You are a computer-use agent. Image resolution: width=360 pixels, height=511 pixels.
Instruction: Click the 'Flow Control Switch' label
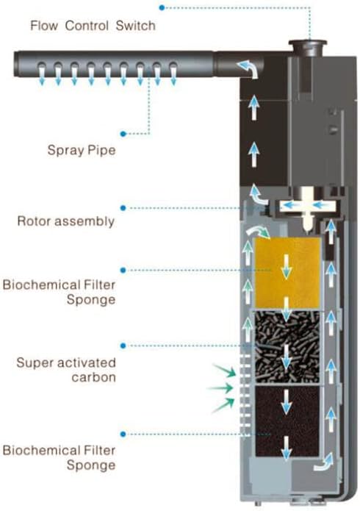click(93, 26)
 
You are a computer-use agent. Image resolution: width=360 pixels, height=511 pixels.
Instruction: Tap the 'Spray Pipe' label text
click(82, 150)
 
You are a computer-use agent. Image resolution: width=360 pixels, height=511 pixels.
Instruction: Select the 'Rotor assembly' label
click(66, 221)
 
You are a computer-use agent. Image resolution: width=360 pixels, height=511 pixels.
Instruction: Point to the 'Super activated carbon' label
click(66, 370)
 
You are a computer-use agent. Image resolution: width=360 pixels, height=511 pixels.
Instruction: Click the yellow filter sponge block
click(287, 273)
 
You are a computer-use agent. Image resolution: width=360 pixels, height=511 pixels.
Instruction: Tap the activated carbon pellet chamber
click(287, 346)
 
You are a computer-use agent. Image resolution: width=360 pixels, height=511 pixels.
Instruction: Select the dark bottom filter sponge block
click(287, 421)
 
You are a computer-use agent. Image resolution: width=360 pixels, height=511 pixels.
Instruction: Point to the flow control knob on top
click(308, 49)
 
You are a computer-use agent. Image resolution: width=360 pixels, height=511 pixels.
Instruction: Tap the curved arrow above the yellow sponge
click(258, 232)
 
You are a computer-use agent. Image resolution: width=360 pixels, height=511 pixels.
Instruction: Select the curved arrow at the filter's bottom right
click(324, 462)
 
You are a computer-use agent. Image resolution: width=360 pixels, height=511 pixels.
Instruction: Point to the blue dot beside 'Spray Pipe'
click(123, 134)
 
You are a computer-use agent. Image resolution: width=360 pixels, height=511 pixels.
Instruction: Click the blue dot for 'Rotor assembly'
click(123, 208)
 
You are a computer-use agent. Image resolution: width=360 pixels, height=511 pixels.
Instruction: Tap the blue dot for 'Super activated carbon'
click(123, 346)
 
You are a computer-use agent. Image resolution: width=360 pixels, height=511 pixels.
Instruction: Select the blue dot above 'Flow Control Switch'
click(162, 7)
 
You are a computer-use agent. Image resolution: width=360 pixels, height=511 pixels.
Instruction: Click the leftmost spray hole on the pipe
click(41, 66)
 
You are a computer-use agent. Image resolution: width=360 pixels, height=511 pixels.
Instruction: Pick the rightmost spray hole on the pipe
click(173, 66)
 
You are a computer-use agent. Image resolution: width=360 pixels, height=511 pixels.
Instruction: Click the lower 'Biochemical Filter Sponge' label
click(59, 458)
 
